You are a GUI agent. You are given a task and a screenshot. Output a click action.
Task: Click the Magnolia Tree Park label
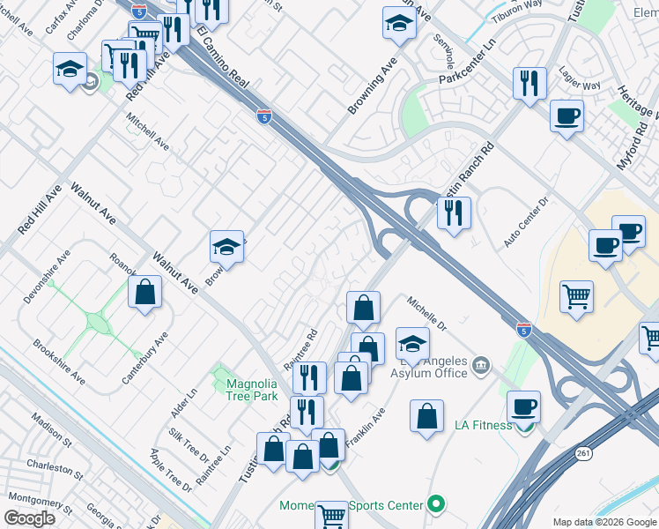click(252, 390)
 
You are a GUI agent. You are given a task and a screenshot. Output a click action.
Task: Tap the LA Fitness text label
click(483, 425)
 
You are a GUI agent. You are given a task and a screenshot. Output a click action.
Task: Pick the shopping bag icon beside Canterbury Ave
click(144, 293)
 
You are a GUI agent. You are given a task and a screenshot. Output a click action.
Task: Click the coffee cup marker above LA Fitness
click(523, 406)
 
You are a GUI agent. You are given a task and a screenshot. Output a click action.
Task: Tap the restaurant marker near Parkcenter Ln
click(529, 84)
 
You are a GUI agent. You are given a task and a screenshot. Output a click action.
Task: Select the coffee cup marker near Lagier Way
click(566, 115)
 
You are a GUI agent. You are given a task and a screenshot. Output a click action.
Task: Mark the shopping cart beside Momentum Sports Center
click(331, 515)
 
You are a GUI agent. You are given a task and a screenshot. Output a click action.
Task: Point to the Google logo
click(31, 518)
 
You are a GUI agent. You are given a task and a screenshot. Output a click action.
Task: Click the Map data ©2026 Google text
click(603, 522)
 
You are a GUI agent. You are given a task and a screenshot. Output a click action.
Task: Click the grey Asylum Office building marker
click(481, 364)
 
